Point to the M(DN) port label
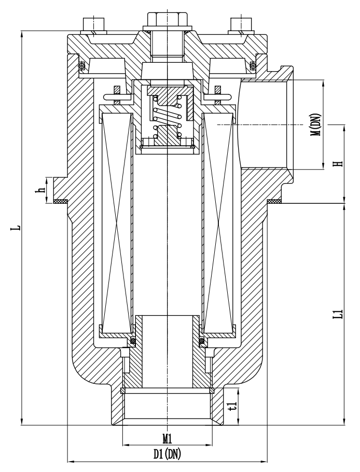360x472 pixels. point(316,124)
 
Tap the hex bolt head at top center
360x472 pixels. point(167,19)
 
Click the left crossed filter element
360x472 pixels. point(119,223)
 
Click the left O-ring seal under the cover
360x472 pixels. point(81,65)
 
